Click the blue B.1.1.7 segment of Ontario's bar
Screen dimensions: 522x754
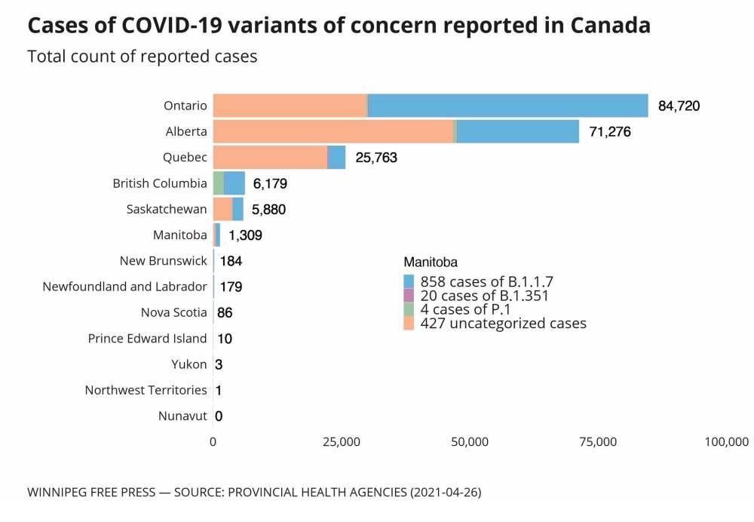coord(507,106)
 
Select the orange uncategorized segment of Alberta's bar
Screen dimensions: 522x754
coord(333,131)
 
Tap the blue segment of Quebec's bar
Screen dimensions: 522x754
coord(336,157)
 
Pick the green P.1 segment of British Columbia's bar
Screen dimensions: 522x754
coord(218,183)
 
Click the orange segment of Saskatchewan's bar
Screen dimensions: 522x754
coord(222,209)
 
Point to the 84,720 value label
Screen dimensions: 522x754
coord(679,106)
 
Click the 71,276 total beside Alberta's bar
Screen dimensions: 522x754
coord(609,132)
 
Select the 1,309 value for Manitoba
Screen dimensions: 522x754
coord(245,235)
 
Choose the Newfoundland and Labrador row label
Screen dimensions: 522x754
coord(124,287)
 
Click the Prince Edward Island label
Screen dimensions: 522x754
coord(147,338)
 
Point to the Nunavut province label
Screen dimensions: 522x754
coord(182,416)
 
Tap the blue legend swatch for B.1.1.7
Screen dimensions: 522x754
coord(409,282)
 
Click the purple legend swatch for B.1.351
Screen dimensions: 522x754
coord(409,296)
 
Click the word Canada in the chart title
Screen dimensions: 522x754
coord(610,25)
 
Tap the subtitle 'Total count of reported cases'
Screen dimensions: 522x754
coord(143,57)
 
